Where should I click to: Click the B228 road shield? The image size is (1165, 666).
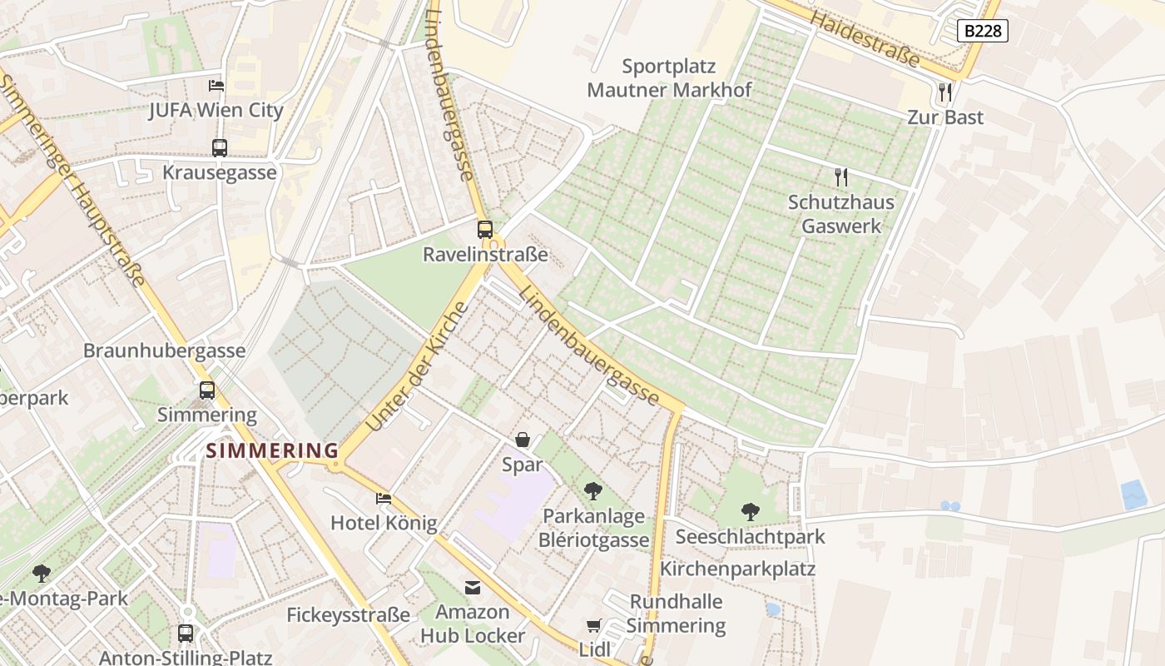click(982, 31)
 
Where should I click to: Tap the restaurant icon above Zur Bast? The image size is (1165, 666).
click(944, 92)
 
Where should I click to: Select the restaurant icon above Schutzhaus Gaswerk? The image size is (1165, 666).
click(840, 176)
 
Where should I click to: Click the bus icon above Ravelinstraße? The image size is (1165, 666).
click(485, 229)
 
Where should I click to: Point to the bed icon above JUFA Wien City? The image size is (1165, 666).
click(216, 85)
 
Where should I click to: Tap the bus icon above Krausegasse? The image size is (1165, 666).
click(219, 148)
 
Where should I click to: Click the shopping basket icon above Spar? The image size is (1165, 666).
click(523, 440)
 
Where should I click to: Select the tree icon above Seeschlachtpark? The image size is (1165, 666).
click(750, 511)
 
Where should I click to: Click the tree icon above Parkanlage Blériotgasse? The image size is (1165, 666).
click(592, 491)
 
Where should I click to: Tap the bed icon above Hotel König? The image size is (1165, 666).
click(383, 499)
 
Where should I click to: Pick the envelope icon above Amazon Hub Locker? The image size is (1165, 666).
click(473, 588)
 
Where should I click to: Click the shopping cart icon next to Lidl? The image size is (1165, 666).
click(593, 625)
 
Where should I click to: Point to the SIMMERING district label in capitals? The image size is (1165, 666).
click(272, 450)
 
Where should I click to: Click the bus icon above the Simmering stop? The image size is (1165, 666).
click(207, 390)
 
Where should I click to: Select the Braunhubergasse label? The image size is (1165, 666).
click(164, 350)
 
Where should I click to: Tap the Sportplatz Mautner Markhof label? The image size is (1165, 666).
click(669, 77)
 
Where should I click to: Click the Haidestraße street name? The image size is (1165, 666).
click(865, 39)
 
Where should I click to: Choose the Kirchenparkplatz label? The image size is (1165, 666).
click(737, 569)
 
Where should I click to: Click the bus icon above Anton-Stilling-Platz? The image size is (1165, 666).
click(186, 633)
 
